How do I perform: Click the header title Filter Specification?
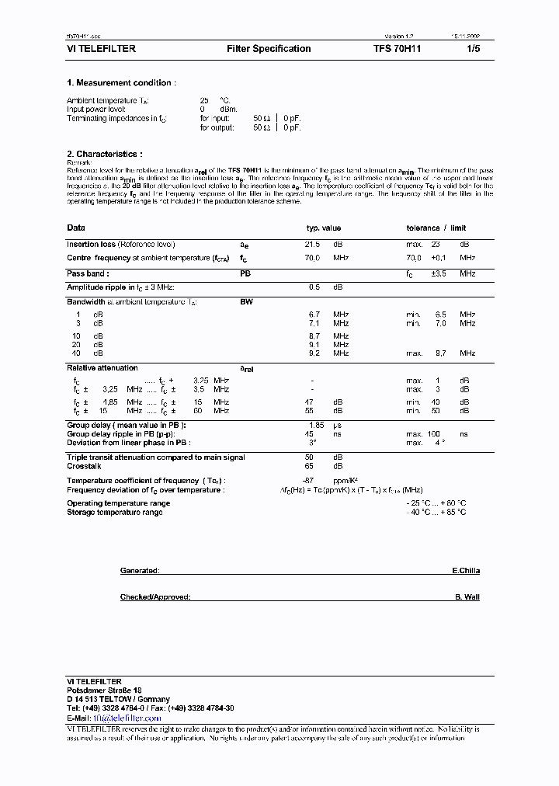pyautogui.click(x=269, y=49)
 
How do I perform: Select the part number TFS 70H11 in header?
pyautogui.click(x=398, y=49)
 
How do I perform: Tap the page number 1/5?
pyautogui.click(x=474, y=49)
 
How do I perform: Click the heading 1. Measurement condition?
pyautogui.click(x=121, y=83)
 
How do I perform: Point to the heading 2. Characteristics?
pyautogui.click(x=105, y=155)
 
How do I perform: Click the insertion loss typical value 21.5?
pyautogui.click(x=314, y=245)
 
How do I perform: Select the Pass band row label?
pyautogui.click(x=88, y=273)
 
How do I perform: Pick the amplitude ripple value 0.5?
pyautogui.click(x=314, y=287)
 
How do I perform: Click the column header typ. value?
pyautogui.click(x=324, y=228)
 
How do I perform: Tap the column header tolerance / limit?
pyautogui.click(x=436, y=228)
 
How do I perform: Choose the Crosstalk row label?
pyautogui.click(x=84, y=466)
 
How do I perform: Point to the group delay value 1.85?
pyautogui.click(x=315, y=425)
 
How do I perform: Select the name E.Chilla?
pyautogui.click(x=466, y=571)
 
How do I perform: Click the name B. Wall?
pyautogui.click(x=467, y=597)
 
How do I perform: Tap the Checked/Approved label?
pyautogui.click(x=155, y=597)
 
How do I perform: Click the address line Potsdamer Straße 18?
pyautogui.click(x=104, y=690)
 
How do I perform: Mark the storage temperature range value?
pyautogui.click(x=436, y=513)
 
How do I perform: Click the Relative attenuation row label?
pyautogui.click(x=102, y=368)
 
